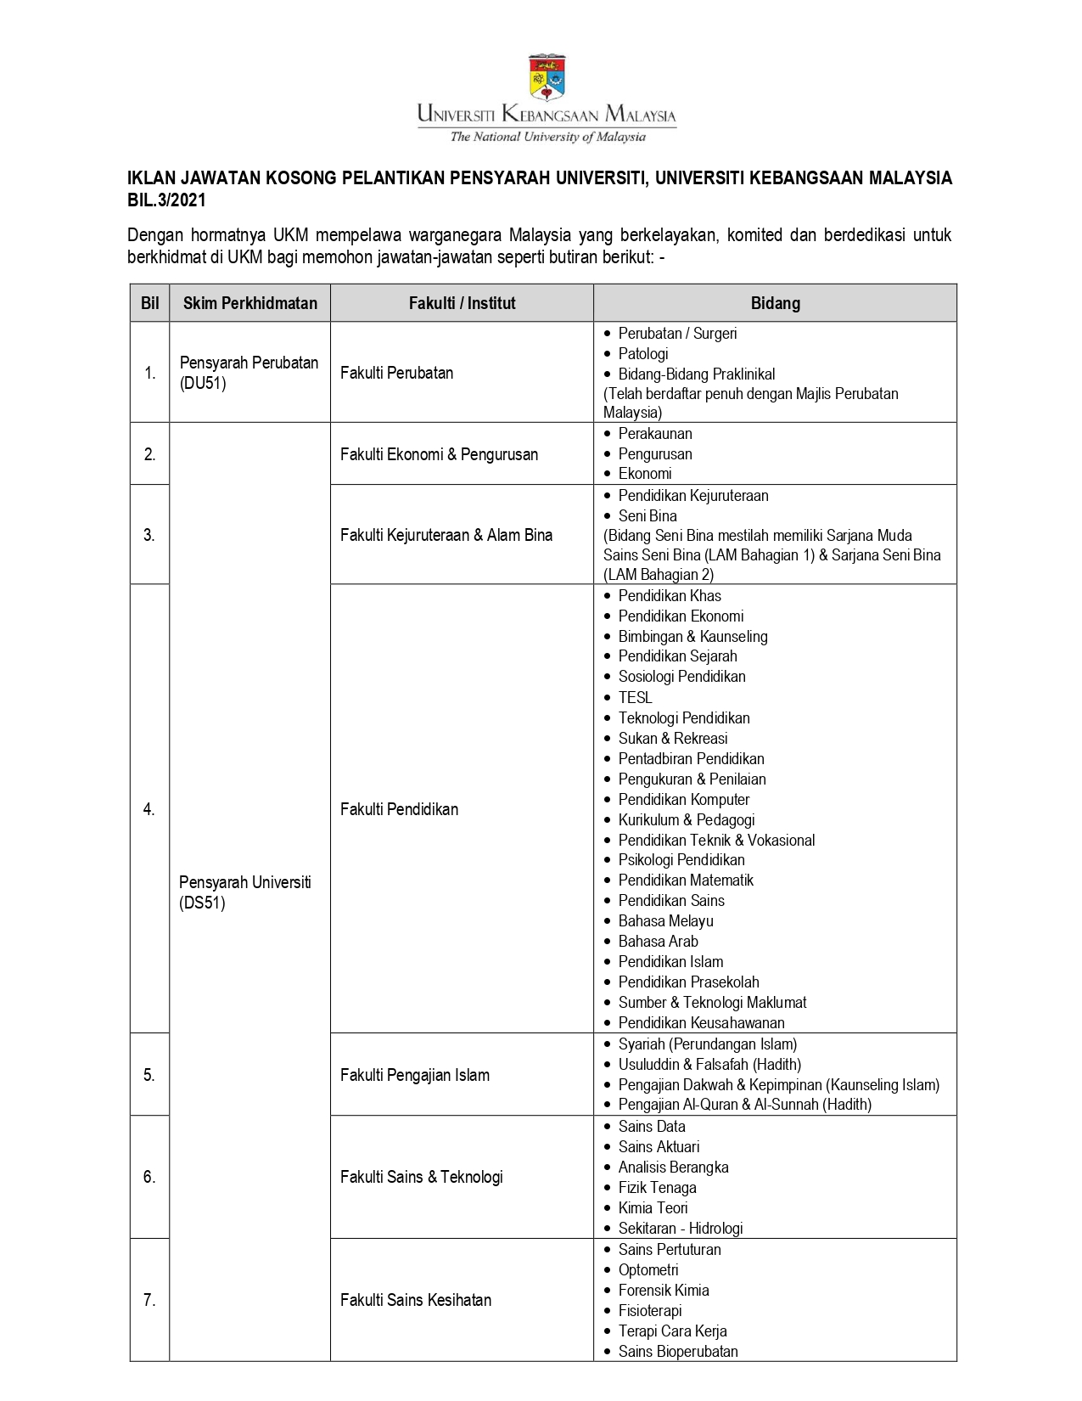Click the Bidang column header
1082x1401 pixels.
tap(775, 303)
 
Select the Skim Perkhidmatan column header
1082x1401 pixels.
tap(249, 303)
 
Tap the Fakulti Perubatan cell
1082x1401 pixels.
tap(396, 373)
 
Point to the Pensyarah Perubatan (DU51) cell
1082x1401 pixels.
tap(249, 373)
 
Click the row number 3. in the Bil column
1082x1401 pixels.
tap(149, 535)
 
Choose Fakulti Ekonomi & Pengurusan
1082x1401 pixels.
tap(439, 454)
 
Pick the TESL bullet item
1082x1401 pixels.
tap(635, 697)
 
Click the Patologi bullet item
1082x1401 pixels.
tap(642, 353)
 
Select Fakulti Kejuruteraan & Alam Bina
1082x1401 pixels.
tap(446, 535)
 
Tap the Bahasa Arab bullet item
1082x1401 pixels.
tap(658, 941)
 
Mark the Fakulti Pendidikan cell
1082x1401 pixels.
tap(399, 809)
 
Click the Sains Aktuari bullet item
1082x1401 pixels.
tap(659, 1146)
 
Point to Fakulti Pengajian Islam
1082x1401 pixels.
tap(414, 1075)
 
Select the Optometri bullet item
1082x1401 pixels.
tap(648, 1269)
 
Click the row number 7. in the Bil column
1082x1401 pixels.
tap(149, 1300)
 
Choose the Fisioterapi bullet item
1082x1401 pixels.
tap(650, 1310)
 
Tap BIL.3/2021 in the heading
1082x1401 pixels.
tap(166, 200)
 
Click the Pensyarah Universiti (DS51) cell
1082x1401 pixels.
tap(244, 892)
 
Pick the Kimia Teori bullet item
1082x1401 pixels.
tap(653, 1207)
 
